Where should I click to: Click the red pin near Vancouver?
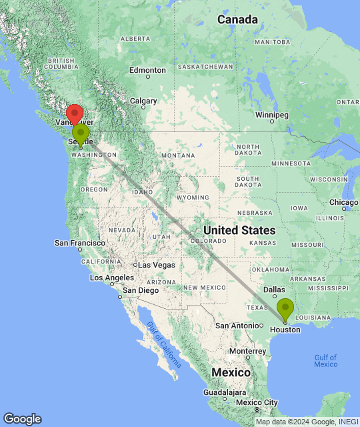tap(75, 113)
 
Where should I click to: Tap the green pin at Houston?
tap(285, 309)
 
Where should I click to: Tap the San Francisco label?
tap(79, 243)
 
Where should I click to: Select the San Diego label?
tap(140, 290)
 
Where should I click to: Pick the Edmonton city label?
tap(147, 70)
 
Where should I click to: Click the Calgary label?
tap(143, 101)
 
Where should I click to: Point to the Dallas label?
tap(275, 290)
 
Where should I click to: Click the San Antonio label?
tap(236, 325)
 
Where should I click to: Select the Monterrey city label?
tap(247, 351)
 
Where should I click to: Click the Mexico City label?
tap(257, 402)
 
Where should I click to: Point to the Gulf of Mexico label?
tap(326, 360)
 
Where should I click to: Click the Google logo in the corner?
tap(22, 419)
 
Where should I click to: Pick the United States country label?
tap(239, 230)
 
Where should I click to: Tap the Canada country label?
tap(237, 20)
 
